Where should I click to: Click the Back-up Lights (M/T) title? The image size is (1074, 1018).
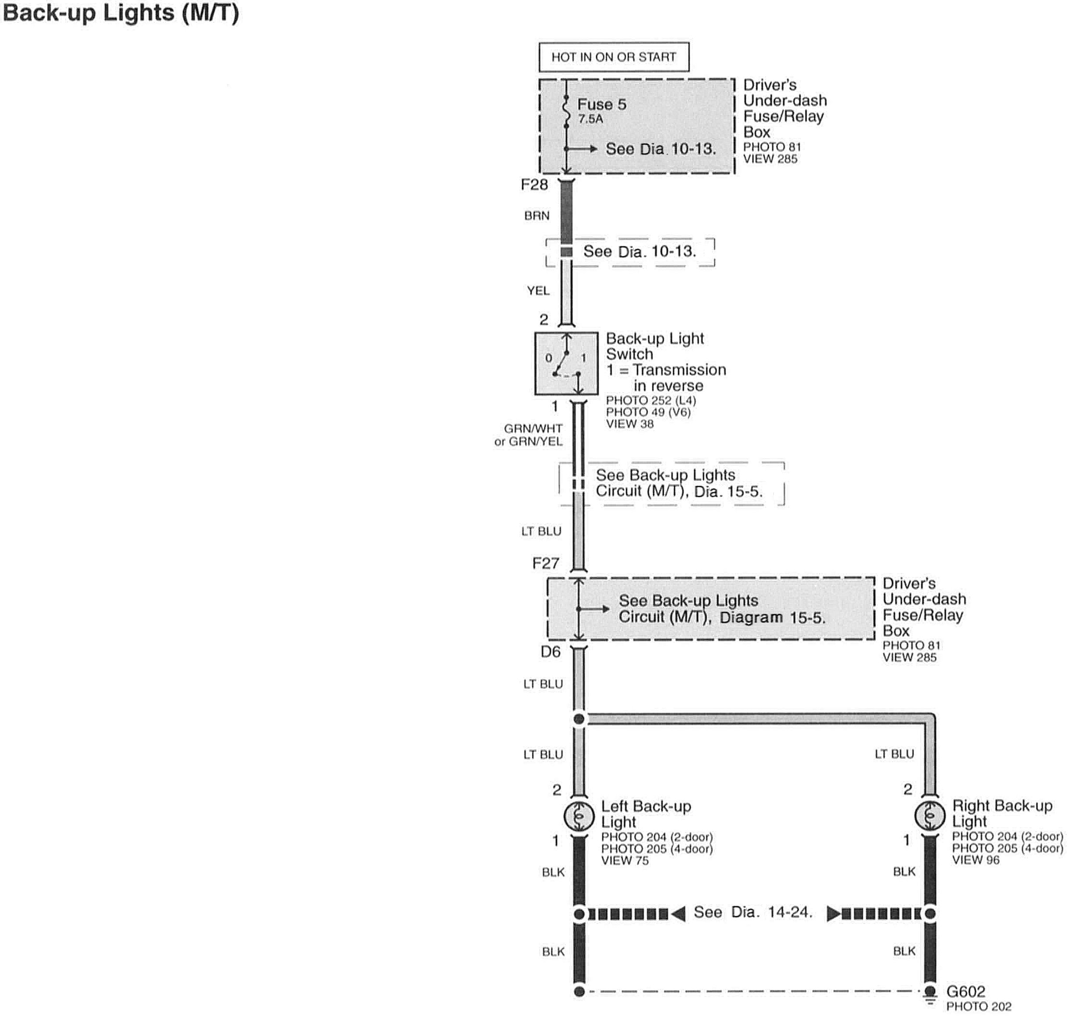(120, 14)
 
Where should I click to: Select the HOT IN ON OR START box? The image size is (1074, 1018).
(614, 57)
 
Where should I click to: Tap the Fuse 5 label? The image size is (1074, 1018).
(601, 104)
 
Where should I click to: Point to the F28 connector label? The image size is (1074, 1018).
(534, 185)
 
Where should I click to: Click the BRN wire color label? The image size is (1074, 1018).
(536, 216)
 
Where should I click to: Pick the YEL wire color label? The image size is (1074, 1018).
(538, 291)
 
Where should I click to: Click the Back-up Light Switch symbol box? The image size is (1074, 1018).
(566, 364)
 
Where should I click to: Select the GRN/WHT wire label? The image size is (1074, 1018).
(533, 428)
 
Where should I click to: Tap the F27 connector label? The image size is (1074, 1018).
(545, 563)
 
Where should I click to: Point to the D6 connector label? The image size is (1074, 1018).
(550, 652)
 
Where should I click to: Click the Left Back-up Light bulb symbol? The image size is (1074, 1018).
(579, 815)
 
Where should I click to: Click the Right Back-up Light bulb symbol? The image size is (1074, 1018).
(930, 815)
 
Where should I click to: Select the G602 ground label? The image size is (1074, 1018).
(966, 991)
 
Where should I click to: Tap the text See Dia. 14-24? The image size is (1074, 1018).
(753, 912)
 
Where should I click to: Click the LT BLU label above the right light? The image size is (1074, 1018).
(894, 754)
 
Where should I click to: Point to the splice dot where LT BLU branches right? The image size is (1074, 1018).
(579, 719)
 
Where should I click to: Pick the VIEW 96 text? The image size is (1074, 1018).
(975, 860)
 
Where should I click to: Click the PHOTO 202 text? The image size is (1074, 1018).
(979, 1007)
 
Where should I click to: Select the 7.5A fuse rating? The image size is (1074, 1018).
(590, 119)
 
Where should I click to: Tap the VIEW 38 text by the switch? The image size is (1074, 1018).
(629, 424)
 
